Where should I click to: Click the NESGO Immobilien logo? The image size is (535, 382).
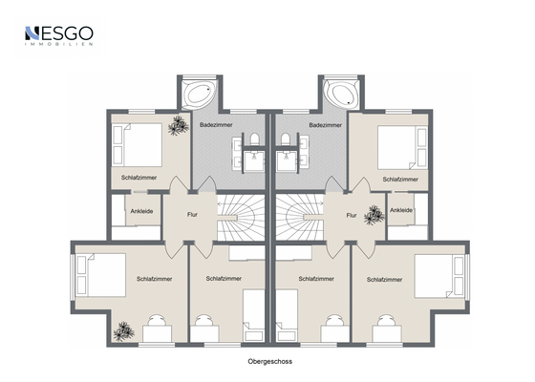tap(59, 36)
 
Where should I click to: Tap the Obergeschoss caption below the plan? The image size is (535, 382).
tap(269, 362)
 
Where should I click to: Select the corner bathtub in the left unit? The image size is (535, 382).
tap(199, 92)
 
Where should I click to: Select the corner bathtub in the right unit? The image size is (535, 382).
tap(341, 92)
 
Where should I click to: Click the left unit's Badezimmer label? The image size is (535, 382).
tap(216, 125)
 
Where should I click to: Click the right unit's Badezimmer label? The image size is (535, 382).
tap(325, 125)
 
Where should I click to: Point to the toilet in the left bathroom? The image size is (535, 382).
tap(254, 139)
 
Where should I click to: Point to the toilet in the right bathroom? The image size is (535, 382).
tap(286, 139)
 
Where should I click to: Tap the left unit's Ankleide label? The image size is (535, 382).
tap(141, 211)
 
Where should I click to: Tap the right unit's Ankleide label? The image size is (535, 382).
tap(401, 210)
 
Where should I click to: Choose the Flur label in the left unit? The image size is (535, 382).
tap(192, 215)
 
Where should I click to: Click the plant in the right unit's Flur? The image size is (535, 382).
tap(374, 215)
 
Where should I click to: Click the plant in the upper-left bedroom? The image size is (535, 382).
tap(178, 125)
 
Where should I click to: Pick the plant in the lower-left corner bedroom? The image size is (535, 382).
tap(123, 331)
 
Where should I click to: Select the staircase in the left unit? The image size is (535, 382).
tap(241, 218)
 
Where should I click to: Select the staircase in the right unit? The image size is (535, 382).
tap(300, 218)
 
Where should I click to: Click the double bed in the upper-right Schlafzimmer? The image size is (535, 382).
tap(402, 147)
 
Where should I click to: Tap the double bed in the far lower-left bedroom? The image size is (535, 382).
tap(101, 275)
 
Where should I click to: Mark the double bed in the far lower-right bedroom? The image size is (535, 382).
tap(439, 276)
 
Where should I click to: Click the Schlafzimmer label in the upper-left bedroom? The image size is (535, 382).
tap(139, 178)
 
